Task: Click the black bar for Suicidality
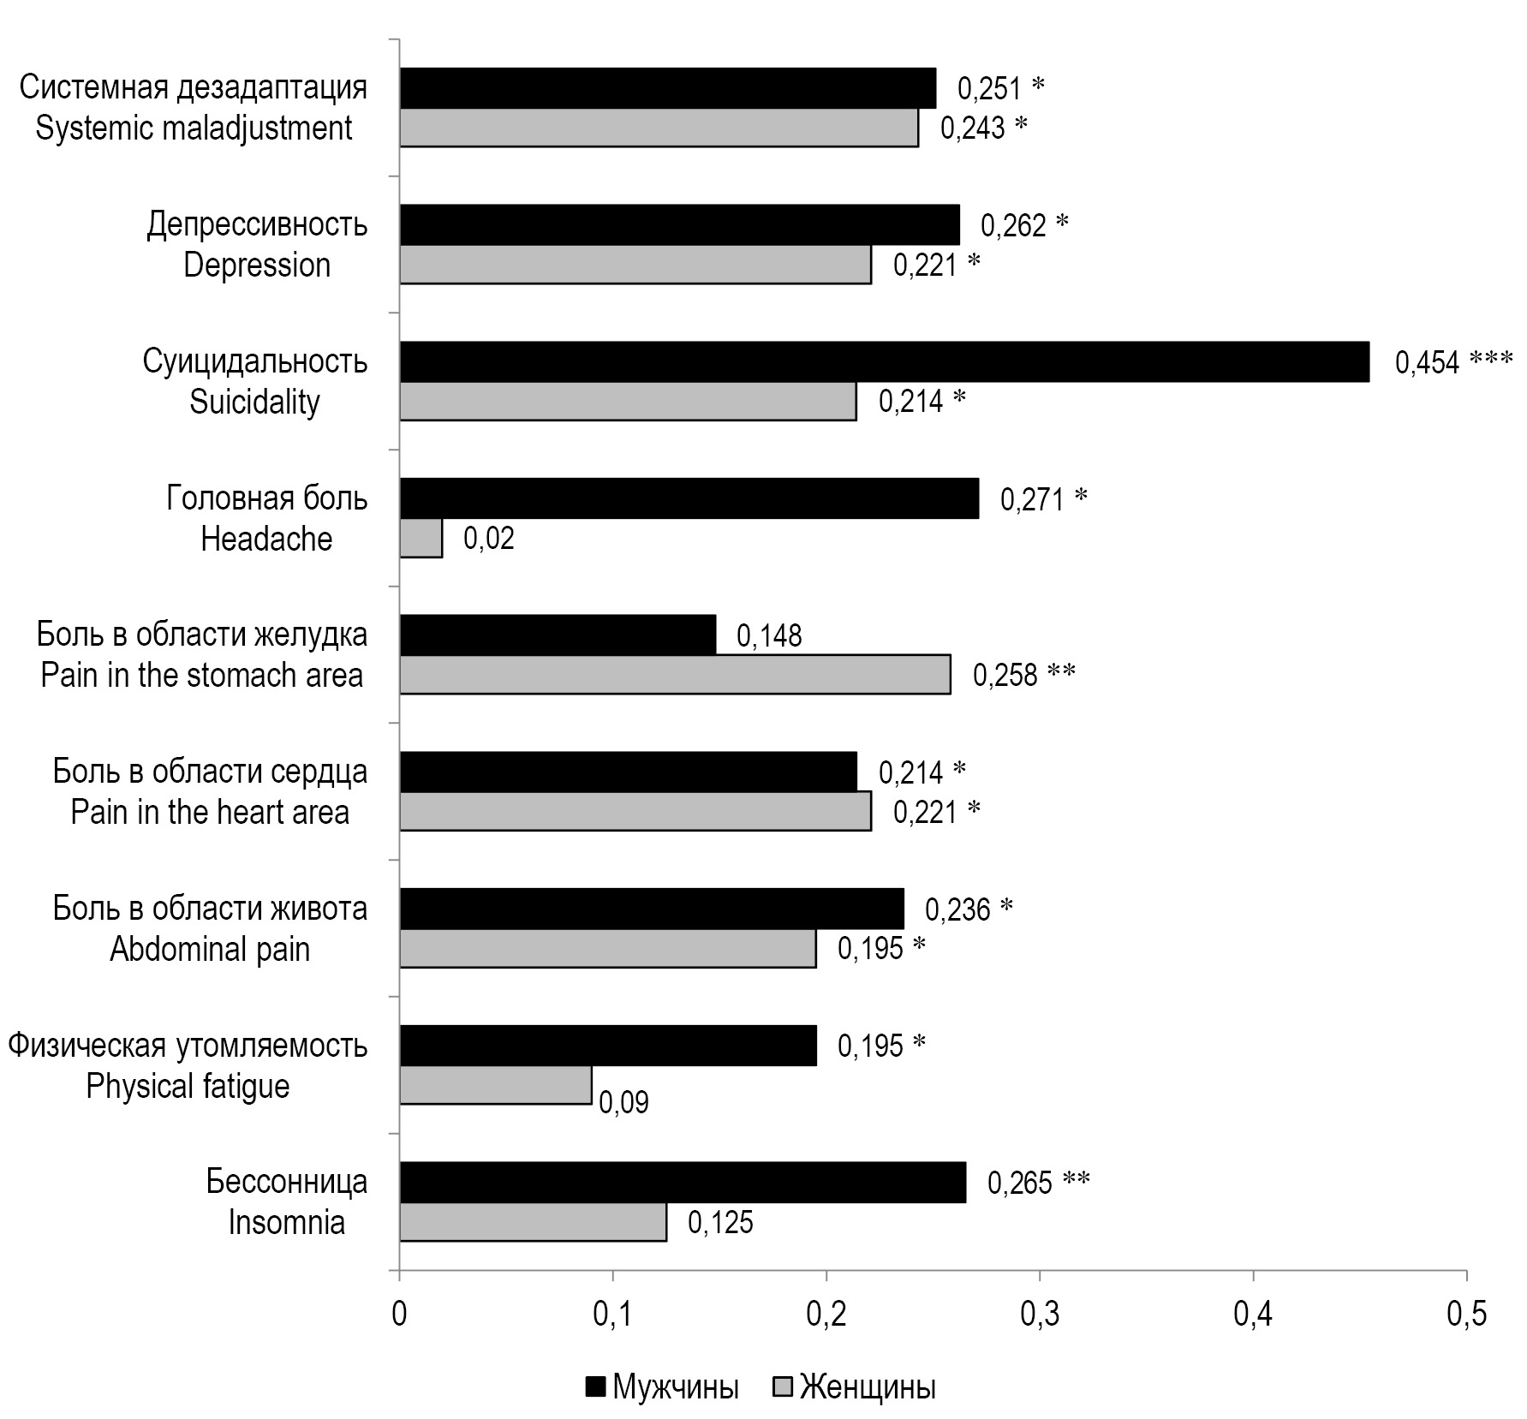[884, 361]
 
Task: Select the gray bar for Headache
[421, 539]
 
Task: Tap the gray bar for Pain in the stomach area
[675, 675]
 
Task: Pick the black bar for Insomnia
[683, 1183]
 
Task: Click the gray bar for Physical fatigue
[496, 1085]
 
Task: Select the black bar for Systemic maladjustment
[668, 87]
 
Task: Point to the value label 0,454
[1427, 362]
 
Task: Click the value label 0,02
[489, 539]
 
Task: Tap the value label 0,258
[1005, 676]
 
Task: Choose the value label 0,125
[720, 1222]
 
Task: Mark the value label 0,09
[623, 1102]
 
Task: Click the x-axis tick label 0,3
[1039, 1315]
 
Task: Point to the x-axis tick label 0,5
[1466, 1315]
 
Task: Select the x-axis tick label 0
[399, 1315]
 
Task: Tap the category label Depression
[257, 265]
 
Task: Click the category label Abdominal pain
[210, 949]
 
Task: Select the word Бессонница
[287, 1182]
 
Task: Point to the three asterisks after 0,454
[1491, 360]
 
